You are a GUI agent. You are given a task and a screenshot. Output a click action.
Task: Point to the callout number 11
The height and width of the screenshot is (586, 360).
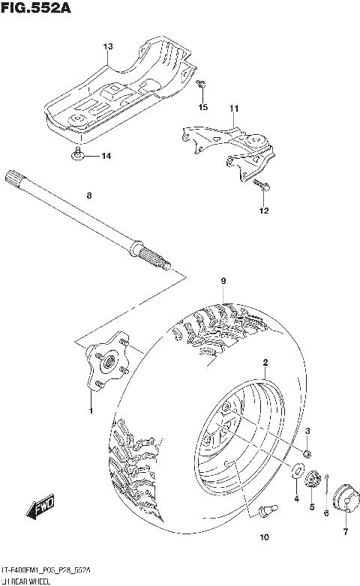[x=233, y=109]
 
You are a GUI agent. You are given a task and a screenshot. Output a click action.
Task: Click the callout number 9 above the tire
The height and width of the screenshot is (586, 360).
[x=223, y=281]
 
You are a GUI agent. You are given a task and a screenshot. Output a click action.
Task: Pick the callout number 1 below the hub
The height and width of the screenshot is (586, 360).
[x=91, y=411]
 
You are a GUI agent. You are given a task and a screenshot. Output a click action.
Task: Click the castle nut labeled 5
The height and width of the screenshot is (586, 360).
[x=315, y=480]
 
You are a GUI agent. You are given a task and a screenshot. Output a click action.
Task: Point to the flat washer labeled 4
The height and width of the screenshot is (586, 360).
[x=297, y=471]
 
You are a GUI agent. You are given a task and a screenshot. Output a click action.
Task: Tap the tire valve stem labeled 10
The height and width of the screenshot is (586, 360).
[x=264, y=510]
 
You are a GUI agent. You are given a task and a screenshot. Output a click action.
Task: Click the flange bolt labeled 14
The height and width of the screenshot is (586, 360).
[x=79, y=156]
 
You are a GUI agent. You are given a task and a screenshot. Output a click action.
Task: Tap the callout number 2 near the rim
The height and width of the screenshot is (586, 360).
[x=265, y=363]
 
